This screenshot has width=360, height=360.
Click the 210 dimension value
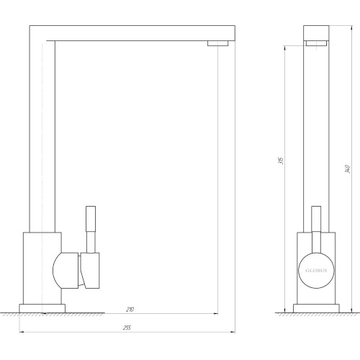[130, 310]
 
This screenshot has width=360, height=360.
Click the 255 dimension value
[127, 328]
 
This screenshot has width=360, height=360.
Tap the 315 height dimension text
[282, 161]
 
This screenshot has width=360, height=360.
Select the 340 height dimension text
[347, 169]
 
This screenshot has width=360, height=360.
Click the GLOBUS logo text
[316, 271]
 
